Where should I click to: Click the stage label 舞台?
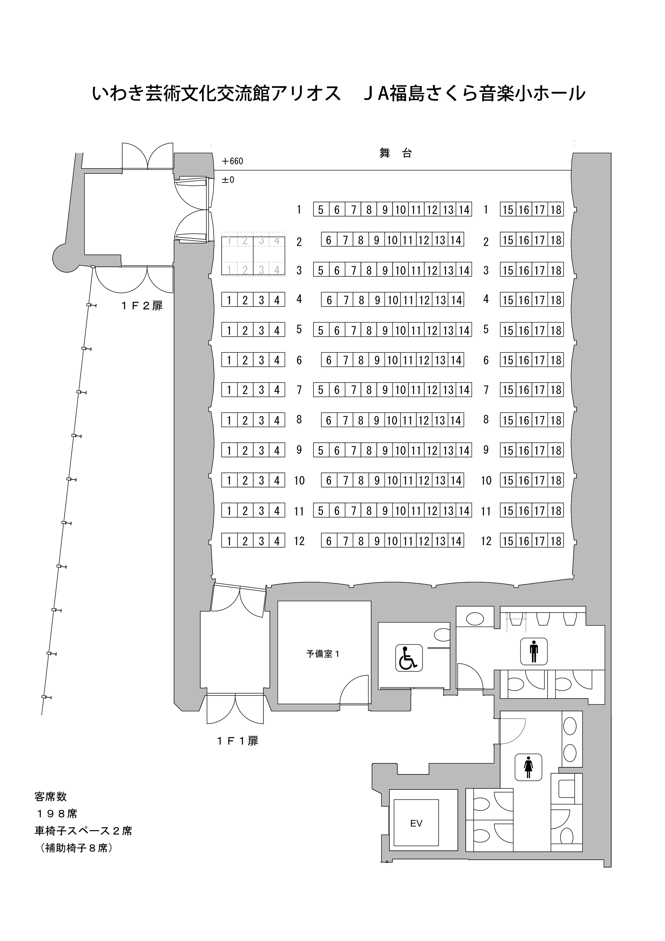396,154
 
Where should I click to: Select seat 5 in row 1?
321,210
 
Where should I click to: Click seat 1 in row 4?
229,300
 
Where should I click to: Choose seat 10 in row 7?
400,390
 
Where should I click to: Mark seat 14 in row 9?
464,450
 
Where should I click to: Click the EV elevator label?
416,824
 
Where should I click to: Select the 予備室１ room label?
323,654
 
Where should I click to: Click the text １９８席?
57,814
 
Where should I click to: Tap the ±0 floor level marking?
228,180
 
